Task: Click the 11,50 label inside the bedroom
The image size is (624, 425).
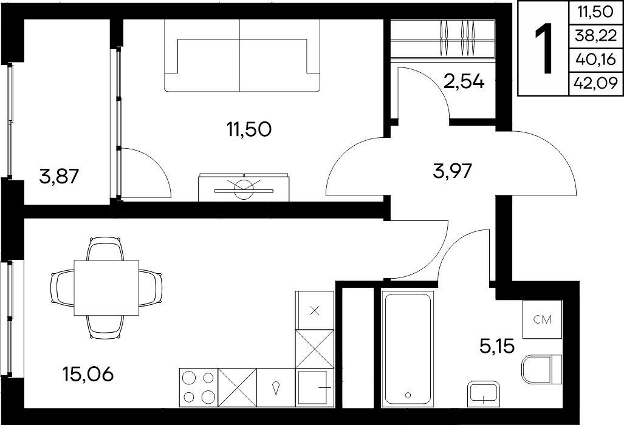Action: pos(250,129)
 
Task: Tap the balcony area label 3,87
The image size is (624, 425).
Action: pos(60,176)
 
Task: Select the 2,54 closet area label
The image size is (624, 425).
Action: pos(464,82)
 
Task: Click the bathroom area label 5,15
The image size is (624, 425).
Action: pos(497,346)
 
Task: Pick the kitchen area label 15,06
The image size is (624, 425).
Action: pos(88,374)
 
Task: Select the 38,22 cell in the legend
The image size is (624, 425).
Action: pos(595,36)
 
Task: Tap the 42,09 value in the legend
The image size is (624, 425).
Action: pos(595,84)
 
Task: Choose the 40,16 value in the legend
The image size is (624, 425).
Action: pos(595,60)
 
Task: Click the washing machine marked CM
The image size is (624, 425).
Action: pos(542,319)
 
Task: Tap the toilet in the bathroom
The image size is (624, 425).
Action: pos(541,370)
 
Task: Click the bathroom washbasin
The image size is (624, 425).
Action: pos(484,394)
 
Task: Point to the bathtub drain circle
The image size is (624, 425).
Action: pos(408,395)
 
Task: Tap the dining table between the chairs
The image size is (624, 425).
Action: pos(107,288)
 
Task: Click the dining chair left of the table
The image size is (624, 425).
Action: pos(63,288)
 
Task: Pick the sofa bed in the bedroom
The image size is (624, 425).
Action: pos(242,56)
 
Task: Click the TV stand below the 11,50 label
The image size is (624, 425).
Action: pos(244,187)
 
